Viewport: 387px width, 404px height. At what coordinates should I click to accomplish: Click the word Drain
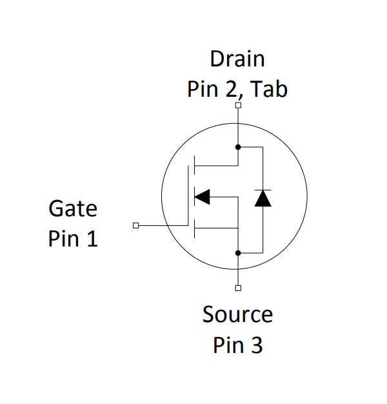click(x=237, y=59)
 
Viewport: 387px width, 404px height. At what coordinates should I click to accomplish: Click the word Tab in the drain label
click(x=270, y=89)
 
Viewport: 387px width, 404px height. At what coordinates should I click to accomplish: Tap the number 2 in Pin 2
click(x=230, y=89)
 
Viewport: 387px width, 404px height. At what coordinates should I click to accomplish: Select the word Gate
click(x=73, y=209)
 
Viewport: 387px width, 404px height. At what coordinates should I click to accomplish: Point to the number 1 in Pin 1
click(x=92, y=239)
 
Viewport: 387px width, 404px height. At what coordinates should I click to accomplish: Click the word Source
click(x=237, y=315)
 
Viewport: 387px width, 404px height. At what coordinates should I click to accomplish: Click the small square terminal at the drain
click(x=238, y=105)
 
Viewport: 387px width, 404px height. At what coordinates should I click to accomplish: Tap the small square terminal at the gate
click(x=135, y=225)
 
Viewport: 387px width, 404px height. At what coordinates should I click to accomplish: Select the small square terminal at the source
click(x=238, y=288)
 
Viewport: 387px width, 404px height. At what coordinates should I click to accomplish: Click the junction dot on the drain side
click(x=238, y=146)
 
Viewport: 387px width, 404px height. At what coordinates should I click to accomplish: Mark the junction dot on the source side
click(x=238, y=253)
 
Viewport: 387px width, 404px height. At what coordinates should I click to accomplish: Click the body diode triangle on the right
click(x=263, y=199)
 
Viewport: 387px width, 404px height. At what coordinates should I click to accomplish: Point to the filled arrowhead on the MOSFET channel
click(x=203, y=196)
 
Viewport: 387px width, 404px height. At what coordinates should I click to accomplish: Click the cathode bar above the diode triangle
click(x=263, y=190)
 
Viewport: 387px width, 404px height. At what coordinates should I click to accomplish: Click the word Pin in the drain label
click(x=203, y=89)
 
